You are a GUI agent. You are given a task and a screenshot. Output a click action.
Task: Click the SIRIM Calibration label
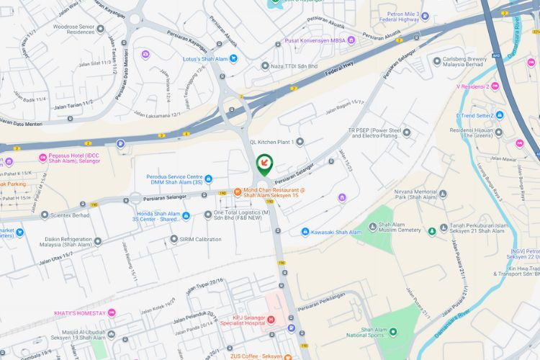[200, 239]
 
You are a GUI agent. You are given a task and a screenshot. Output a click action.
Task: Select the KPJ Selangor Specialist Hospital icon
[271, 319]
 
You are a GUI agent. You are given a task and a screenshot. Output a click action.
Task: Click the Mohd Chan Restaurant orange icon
[238, 191]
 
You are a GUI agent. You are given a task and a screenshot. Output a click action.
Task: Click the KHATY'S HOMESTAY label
[80, 313]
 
